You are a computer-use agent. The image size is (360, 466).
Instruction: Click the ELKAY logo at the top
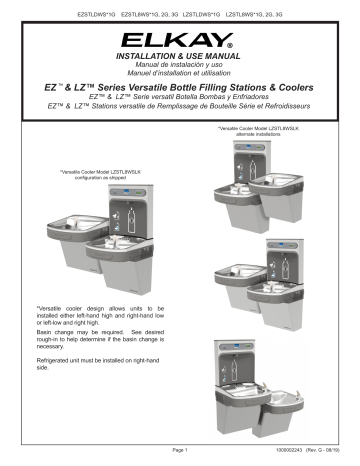(x=180, y=41)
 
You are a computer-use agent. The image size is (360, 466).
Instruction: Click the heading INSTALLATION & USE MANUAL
(x=180, y=60)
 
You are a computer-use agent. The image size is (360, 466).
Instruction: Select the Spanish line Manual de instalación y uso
(x=180, y=69)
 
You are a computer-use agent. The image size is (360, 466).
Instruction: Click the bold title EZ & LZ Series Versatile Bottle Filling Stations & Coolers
(x=180, y=93)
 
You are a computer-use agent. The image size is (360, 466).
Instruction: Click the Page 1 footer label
(x=180, y=457)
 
